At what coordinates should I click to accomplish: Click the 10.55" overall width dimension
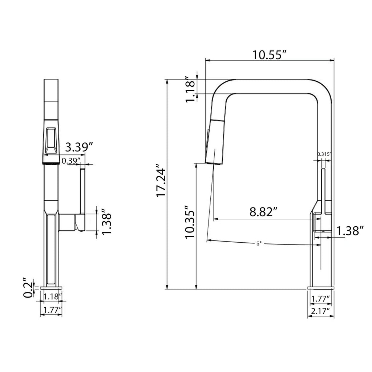point(270,55)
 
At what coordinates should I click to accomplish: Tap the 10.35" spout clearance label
point(190,222)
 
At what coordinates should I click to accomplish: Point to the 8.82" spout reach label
point(264,212)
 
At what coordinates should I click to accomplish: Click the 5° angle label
point(259,244)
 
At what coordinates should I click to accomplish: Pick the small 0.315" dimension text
point(324,154)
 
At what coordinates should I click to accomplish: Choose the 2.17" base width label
point(320,311)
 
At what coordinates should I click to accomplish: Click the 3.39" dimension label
point(79,147)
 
